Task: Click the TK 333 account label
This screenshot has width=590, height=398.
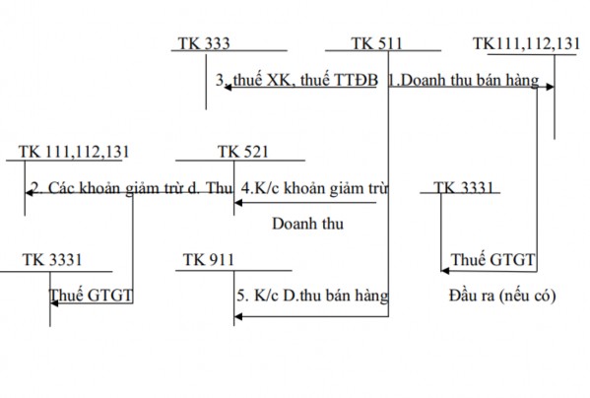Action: point(205,43)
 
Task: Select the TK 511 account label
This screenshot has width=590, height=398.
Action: point(377,43)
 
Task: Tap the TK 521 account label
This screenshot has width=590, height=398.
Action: point(242,152)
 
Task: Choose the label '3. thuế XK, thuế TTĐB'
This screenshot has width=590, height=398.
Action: point(295,82)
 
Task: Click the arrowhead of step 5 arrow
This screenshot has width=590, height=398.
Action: point(237,315)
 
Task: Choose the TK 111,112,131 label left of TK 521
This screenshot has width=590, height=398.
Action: point(74,152)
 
